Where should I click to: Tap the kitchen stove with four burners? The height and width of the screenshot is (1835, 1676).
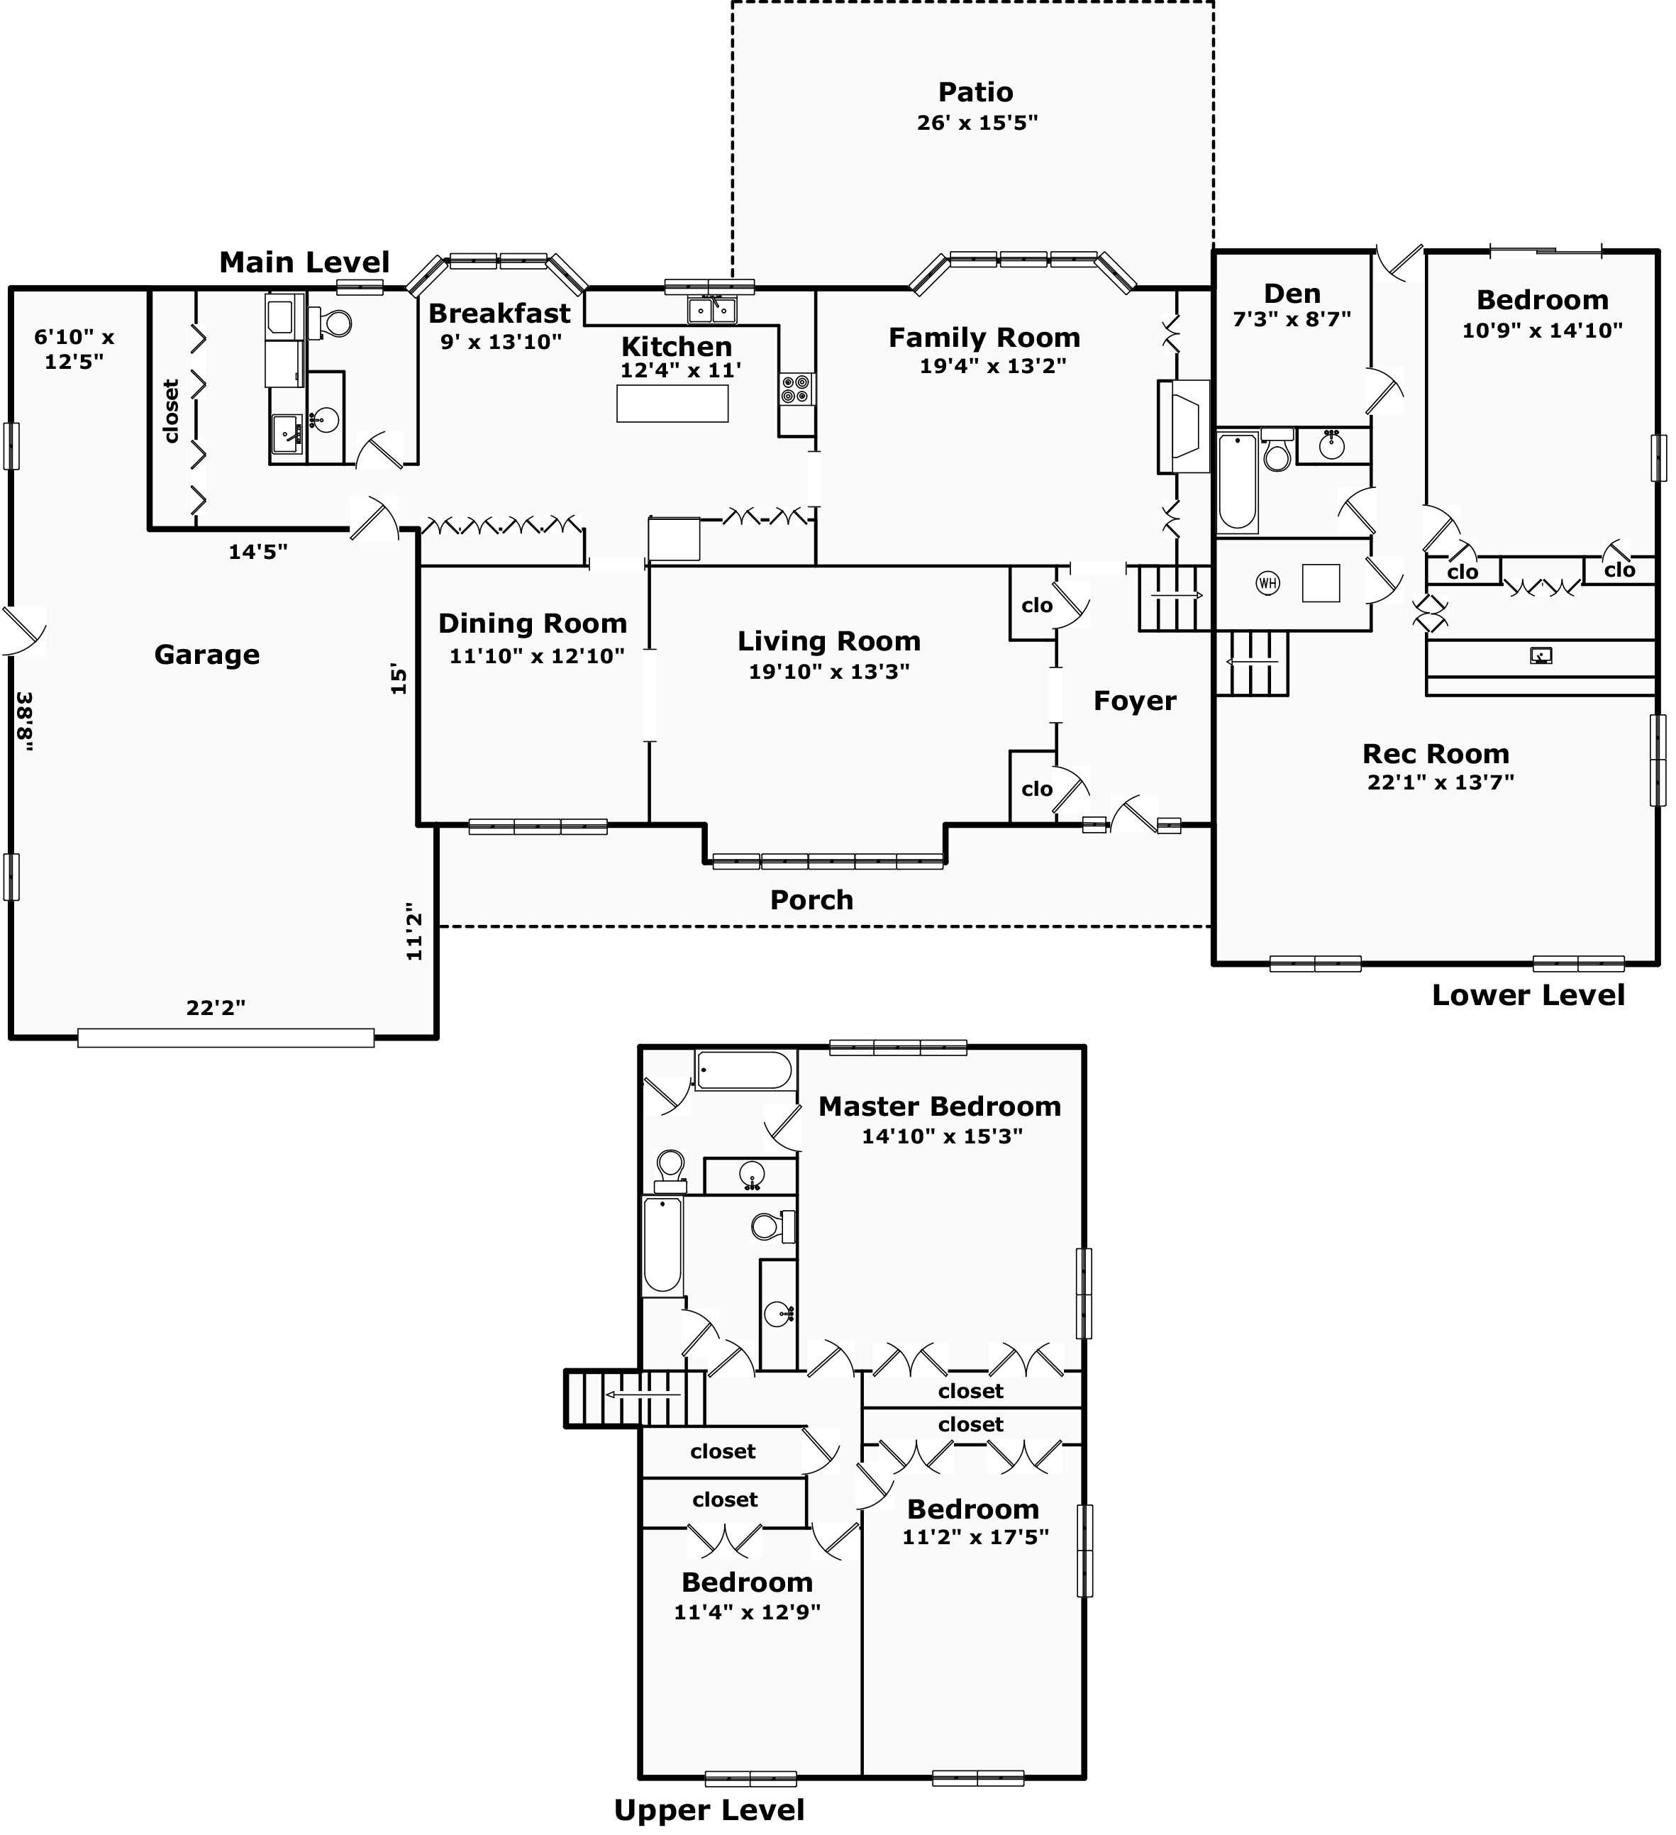796,389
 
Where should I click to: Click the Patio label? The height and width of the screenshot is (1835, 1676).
975,92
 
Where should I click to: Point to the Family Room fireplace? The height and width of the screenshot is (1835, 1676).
1182,426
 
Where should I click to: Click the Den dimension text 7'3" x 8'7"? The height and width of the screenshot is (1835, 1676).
1291,319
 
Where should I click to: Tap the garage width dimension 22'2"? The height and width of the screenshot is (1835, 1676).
216,1008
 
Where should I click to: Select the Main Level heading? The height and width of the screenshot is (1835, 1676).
304,262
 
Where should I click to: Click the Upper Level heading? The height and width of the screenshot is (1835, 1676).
709,1809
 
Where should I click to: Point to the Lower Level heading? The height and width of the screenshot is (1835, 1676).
1528,995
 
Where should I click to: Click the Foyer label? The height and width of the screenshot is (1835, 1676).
1134,701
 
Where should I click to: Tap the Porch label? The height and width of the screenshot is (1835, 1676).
811,900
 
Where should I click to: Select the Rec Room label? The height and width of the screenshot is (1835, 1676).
1436,754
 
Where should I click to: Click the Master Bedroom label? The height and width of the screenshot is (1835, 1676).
940,1107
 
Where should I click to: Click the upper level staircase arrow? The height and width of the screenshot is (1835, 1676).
643,1395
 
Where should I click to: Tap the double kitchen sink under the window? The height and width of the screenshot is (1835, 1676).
712,311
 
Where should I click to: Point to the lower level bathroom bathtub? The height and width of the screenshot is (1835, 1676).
1237,482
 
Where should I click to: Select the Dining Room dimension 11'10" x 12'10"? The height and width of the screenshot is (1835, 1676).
536,655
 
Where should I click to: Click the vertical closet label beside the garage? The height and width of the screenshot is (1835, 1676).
171,411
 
